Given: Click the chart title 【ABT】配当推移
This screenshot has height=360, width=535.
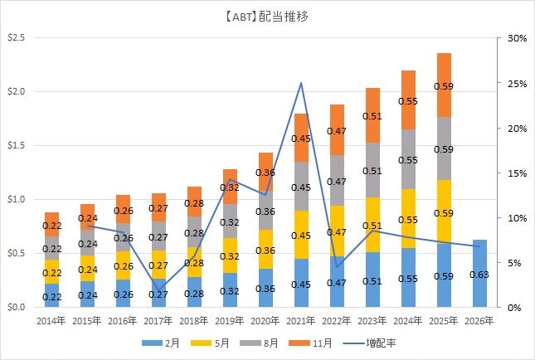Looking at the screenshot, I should pyautogui.click(x=267, y=15).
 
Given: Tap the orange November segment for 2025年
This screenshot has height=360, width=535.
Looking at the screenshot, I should pyautogui.click(x=444, y=85).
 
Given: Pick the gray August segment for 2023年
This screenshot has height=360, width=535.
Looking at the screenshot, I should pyautogui.click(x=372, y=170).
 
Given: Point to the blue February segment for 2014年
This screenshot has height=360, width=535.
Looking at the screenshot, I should pyautogui.click(x=51, y=295).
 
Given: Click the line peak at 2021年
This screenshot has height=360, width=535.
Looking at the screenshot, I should pyautogui.click(x=300, y=83).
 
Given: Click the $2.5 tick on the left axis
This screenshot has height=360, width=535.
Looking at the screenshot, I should pyautogui.click(x=17, y=38).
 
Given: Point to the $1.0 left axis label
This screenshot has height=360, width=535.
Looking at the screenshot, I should pyautogui.click(x=17, y=199).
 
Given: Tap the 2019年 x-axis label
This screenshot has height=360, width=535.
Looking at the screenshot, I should pyautogui.click(x=229, y=319).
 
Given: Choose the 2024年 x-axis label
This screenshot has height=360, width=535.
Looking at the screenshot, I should pyautogui.click(x=408, y=319).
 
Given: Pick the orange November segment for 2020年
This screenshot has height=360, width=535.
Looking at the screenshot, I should pyautogui.click(x=265, y=171).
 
